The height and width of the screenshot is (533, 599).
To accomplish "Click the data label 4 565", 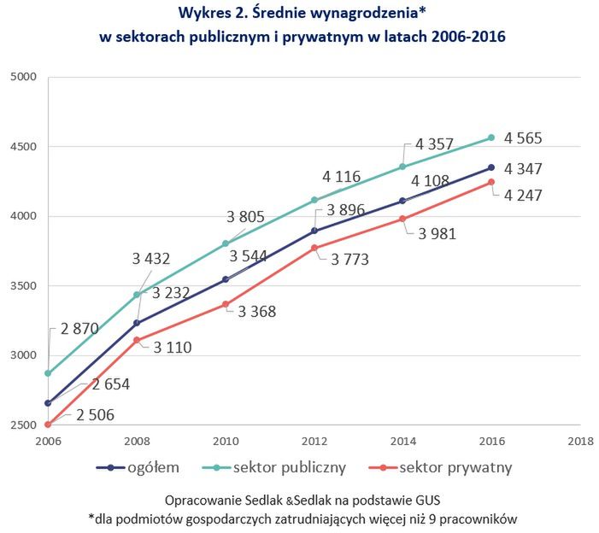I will tap(523, 138).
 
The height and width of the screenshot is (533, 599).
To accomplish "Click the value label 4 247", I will tap(523, 195).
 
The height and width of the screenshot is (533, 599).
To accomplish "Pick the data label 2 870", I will tap(79, 328).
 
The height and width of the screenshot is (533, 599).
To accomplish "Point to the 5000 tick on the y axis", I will tap(24, 77).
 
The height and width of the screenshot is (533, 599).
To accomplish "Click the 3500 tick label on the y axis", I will tap(24, 286).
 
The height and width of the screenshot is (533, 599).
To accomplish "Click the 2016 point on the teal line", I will tap(491, 137).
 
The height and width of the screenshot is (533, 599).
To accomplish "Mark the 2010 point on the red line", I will tap(226, 304).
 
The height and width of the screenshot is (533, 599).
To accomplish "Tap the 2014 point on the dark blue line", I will tap(402, 201).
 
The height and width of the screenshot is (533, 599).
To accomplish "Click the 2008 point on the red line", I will tap(137, 340).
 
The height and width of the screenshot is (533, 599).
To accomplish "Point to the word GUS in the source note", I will tap(426, 499).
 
